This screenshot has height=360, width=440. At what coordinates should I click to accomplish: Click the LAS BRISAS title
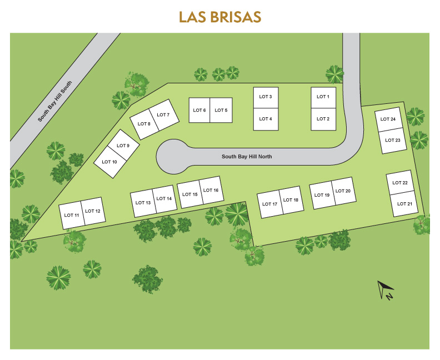click(x=220, y=17)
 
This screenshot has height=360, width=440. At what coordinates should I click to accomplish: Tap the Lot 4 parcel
click(x=266, y=119)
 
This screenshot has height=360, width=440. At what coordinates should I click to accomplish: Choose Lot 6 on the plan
click(x=199, y=110)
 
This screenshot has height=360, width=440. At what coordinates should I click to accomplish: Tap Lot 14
click(x=165, y=199)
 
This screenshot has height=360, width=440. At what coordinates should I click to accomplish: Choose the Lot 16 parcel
click(x=212, y=190)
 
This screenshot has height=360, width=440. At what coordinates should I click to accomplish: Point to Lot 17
click(x=269, y=204)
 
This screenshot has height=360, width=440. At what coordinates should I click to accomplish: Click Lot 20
click(x=343, y=192)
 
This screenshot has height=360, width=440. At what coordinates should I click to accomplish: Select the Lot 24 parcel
click(x=388, y=120)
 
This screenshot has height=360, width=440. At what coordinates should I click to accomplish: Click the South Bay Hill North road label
click(x=247, y=157)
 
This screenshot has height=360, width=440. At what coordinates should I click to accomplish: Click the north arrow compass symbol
click(x=386, y=289)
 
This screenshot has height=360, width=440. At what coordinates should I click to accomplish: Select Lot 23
click(x=393, y=141)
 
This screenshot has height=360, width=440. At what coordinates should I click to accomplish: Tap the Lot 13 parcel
click(x=143, y=203)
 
